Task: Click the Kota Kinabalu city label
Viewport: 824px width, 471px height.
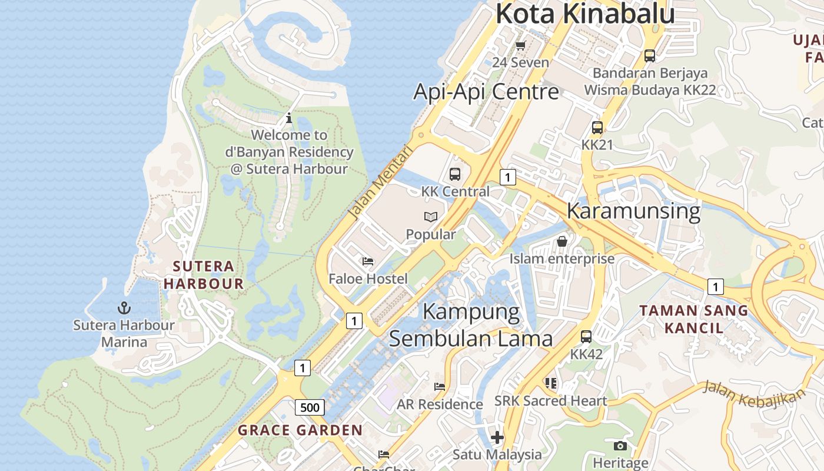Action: point(584,14)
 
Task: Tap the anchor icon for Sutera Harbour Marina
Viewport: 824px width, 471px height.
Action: point(124,307)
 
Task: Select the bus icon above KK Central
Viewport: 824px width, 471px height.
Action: point(455,174)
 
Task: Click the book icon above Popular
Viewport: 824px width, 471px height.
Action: point(431,217)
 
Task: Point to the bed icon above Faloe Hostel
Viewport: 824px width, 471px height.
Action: point(368,261)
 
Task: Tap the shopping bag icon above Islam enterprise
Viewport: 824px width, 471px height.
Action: point(562,241)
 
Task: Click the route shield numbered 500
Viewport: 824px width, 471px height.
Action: point(310,407)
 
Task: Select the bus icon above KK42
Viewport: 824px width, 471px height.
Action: point(586,337)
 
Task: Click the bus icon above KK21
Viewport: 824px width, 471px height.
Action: point(597,127)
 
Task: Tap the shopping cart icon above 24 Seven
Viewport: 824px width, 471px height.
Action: point(520,45)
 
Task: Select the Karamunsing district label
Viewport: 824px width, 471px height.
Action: point(633,211)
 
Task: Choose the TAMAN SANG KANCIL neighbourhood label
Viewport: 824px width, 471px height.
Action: point(693,319)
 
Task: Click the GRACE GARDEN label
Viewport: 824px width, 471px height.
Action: point(300,430)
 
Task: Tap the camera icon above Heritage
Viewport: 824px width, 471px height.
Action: point(620,446)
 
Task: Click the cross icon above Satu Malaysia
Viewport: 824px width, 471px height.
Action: point(497,437)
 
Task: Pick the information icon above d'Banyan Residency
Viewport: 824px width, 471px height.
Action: point(288,118)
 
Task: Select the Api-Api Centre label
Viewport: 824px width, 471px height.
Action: point(486,92)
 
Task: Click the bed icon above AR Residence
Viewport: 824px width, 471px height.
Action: point(440,387)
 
